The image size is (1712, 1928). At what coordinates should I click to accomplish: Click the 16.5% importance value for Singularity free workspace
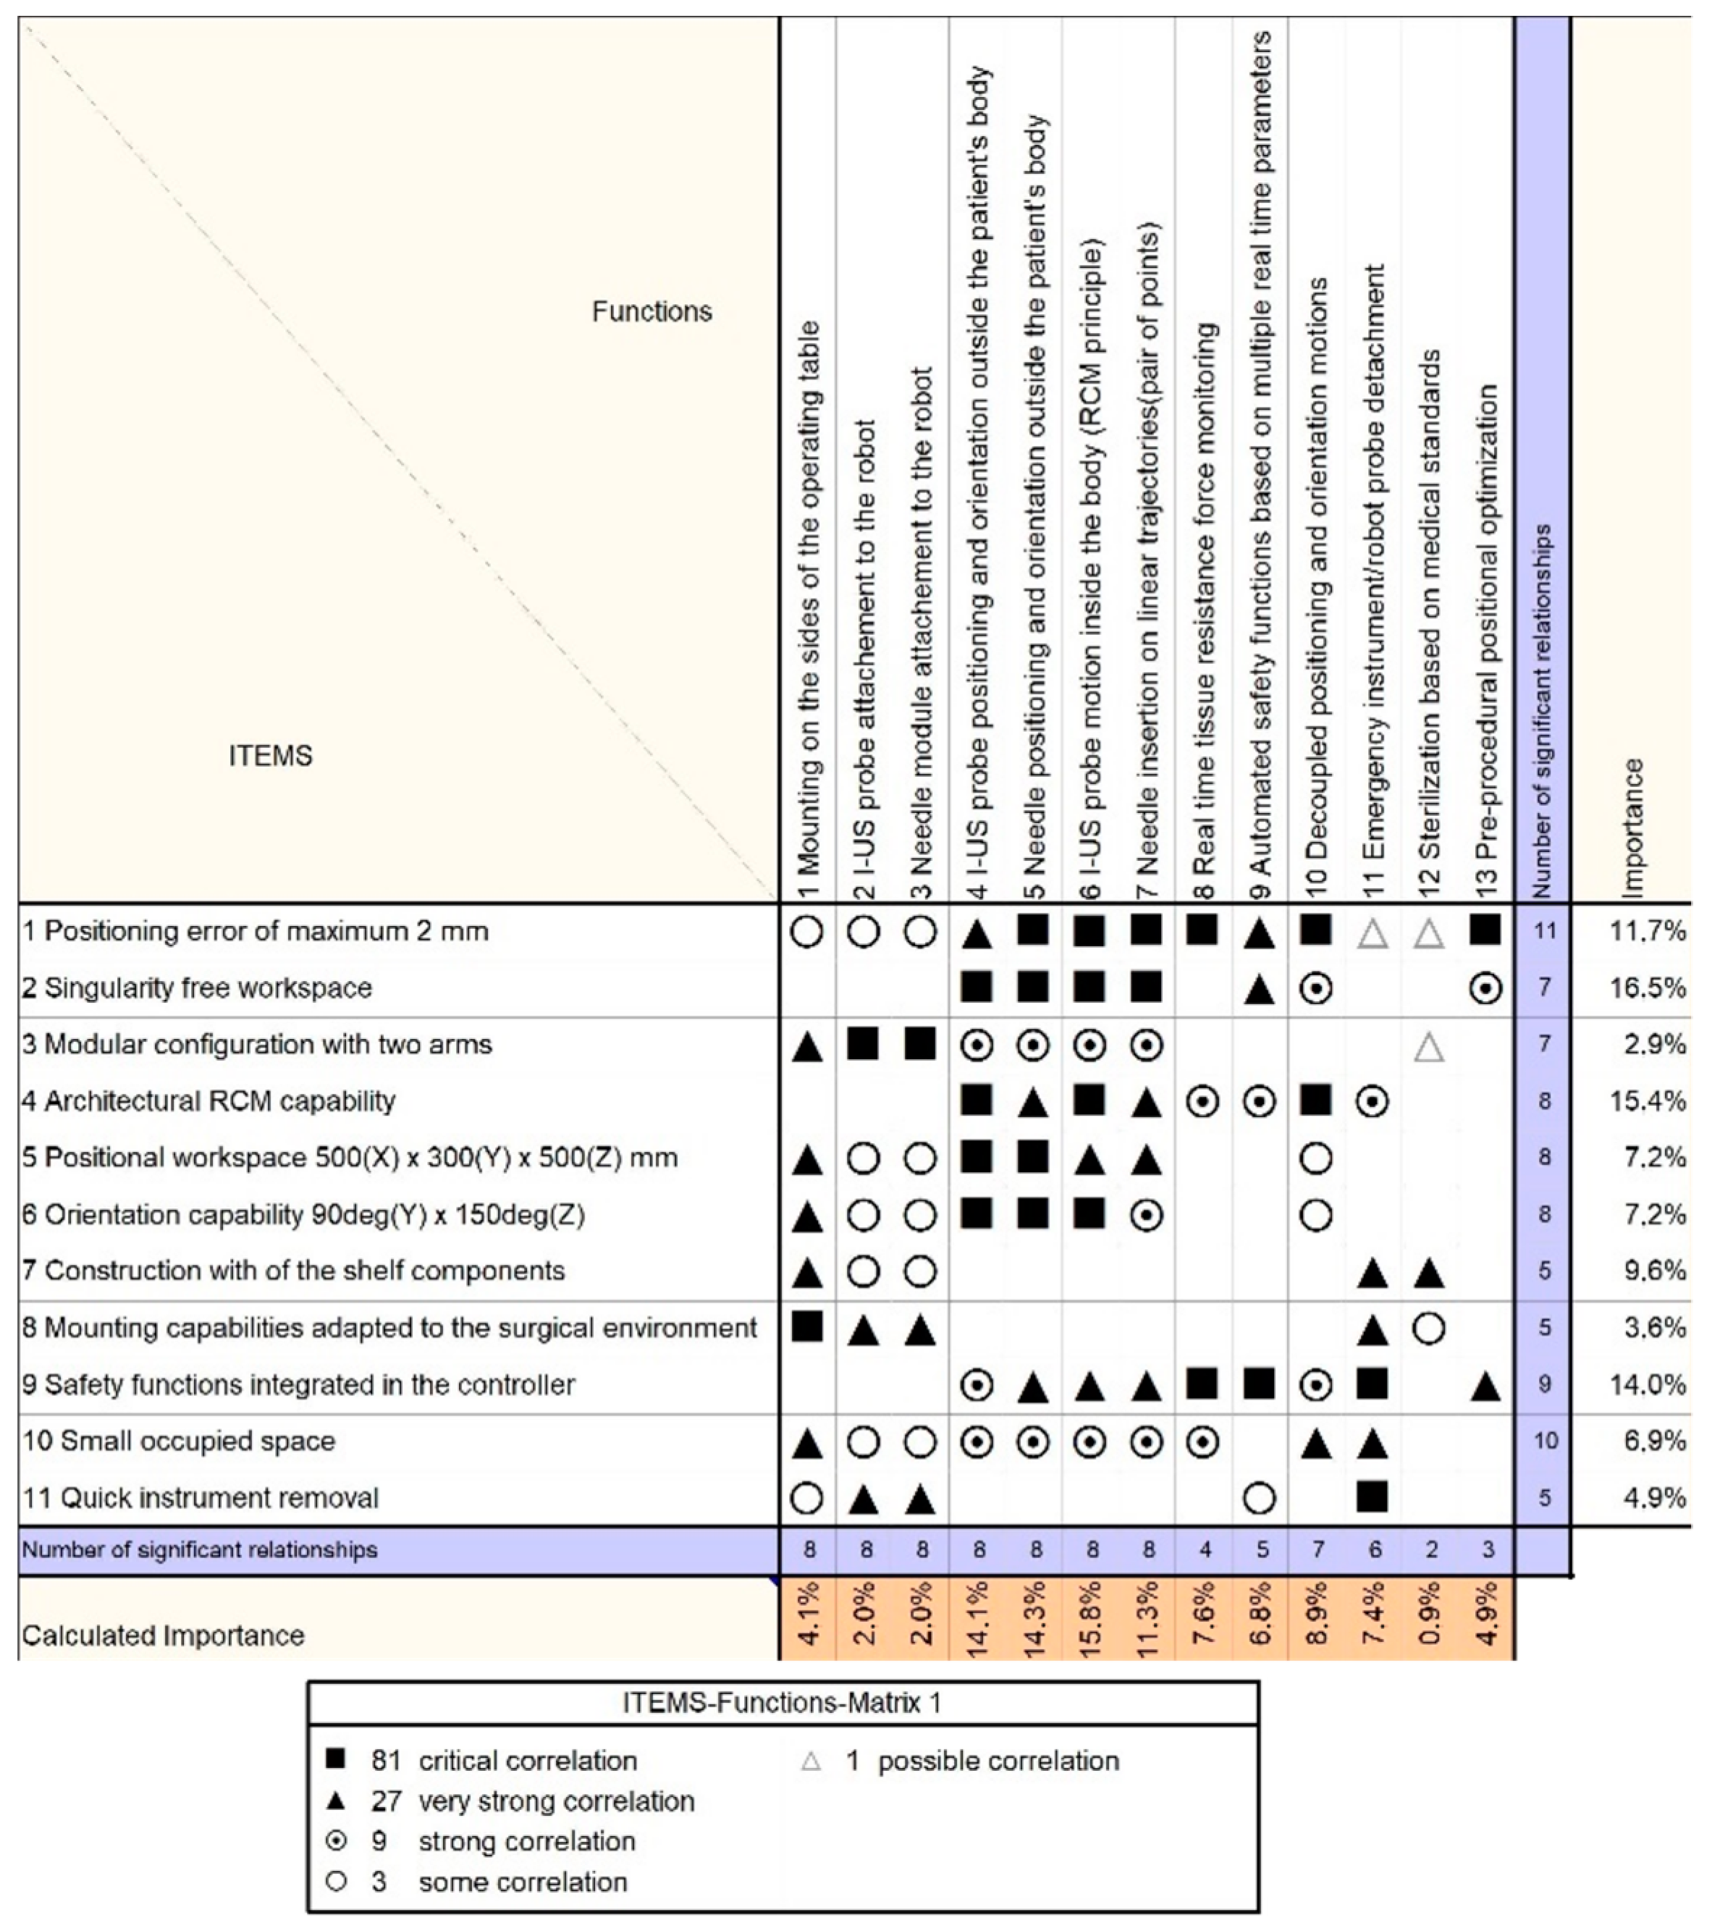[1648, 988]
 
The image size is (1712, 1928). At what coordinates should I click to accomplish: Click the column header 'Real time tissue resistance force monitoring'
[1205, 613]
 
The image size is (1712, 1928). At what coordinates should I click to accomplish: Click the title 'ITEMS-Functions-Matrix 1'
[782, 1703]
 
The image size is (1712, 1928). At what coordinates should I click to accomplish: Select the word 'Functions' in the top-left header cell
[652, 311]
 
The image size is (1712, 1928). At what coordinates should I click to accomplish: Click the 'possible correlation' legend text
[998, 1761]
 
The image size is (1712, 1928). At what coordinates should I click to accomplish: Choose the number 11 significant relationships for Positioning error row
[1544, 931]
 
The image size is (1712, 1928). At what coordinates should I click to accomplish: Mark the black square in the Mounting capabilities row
[806, 1326]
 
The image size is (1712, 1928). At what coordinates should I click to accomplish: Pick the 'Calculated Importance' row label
[163, 1635]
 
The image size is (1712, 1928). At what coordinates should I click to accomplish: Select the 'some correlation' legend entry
[523, 1882]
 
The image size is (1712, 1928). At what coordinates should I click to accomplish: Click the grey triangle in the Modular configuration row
[1430, 1046]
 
